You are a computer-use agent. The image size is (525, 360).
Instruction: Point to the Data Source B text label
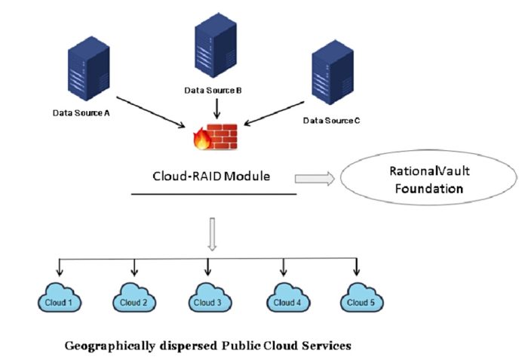[213, 91]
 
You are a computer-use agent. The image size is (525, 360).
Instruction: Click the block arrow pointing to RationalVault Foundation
[314, 178]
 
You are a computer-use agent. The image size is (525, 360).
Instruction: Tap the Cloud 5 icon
[358, 302]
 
